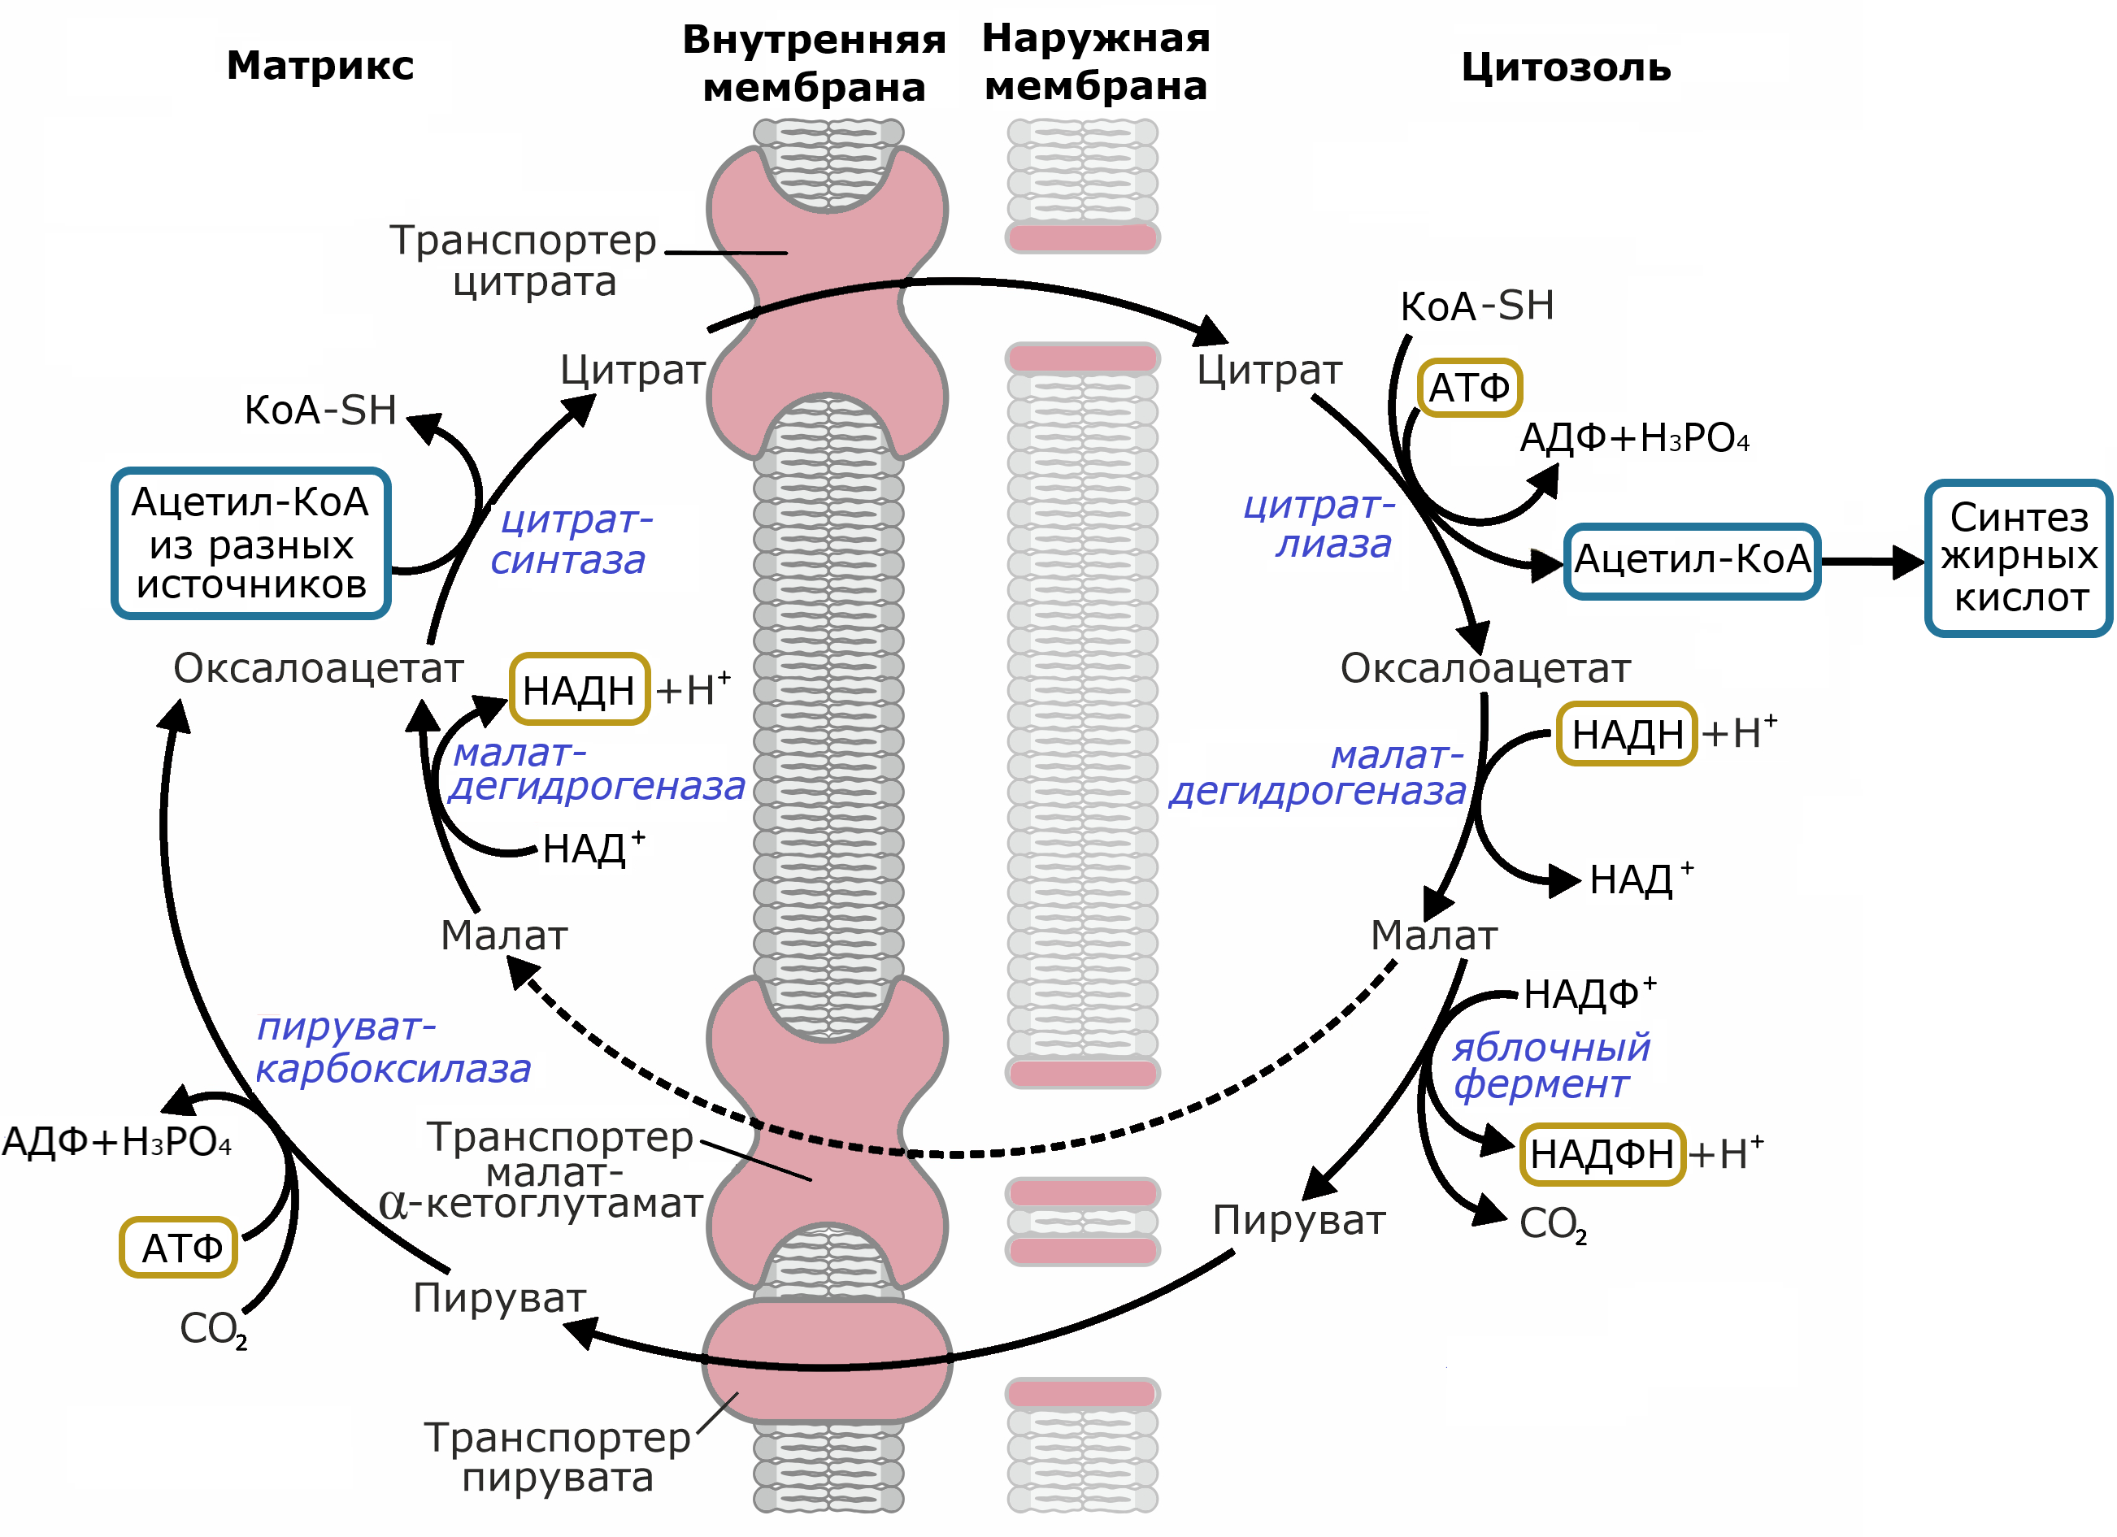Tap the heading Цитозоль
(x=1565, y=68)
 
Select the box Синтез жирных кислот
(x=2018, y=558)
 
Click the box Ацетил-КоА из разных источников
(x=250, y=543)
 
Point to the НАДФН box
(x=1601, y=1154)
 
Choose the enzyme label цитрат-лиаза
(x=1324, y=524)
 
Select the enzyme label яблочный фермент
(x=1550, y=1066)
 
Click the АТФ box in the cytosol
(x=1469, y=387)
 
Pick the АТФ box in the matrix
(x=179, y=1248)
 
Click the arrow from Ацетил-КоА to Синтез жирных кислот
(x=1871, y=562)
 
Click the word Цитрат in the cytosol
(x=1268, y=371)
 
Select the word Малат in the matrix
(x=504, y=935)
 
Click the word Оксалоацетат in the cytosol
(x=1485, y=668)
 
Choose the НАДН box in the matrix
(x=580, y=689)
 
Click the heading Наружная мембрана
(x=1096, y=63)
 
